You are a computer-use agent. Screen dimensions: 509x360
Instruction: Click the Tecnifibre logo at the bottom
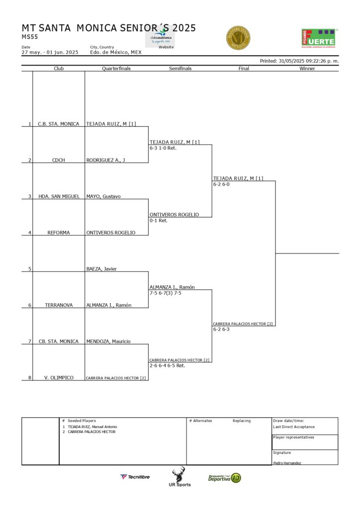(x=135, y=477)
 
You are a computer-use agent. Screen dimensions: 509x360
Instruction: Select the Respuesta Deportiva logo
(x=224, y=478)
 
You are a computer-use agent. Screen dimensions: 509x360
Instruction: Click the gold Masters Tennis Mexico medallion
(x=238, y=38)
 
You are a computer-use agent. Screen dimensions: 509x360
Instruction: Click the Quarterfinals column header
(x=116, y=69)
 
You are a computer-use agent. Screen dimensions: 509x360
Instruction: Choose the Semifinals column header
(x=180, y=69)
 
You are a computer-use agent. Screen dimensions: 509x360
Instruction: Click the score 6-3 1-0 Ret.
(x=163, y=148)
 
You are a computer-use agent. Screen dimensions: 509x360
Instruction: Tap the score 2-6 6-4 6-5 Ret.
(x=167, y=365)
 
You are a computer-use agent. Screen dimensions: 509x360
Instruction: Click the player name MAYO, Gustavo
(x=103, y=196)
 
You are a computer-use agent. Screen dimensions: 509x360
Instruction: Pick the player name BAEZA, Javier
(x=101, y=269)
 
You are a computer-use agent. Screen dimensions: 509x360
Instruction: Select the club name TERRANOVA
(x=58, y=305)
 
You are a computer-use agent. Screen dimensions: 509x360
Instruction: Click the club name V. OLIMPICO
(x=58, y=378)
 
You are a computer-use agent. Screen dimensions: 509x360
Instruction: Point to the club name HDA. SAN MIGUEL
(x=59, y=196)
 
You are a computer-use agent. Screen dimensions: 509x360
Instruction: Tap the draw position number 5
(x=29, y=269)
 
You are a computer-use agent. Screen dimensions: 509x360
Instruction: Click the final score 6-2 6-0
(x=221, y=184)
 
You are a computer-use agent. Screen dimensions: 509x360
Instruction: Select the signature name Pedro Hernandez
(x=287, y=463)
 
